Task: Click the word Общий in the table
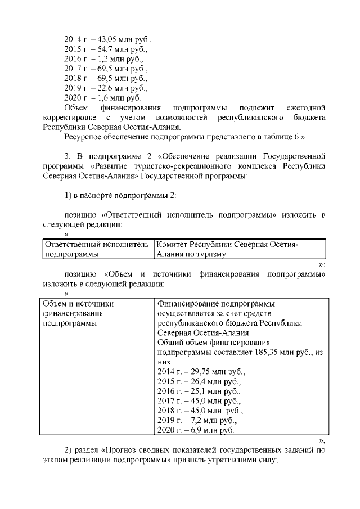(x=170, y=342)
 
